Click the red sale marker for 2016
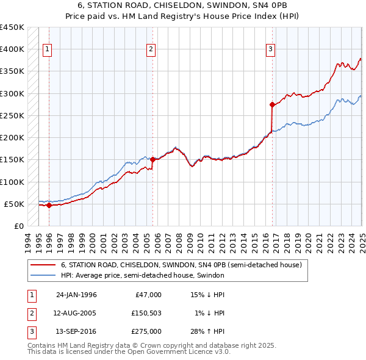pos(272,104)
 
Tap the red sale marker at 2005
pos(152,159)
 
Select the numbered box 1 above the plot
pos(48,50)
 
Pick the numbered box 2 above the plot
pos(151,50)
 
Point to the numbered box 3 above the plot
pos(271,50)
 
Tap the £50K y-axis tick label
pos(15,204)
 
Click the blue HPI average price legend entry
pos(143,276)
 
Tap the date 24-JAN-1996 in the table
pos(76,295)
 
